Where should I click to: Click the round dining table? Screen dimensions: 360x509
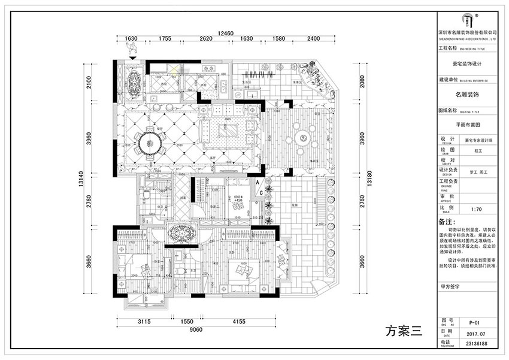coord(150,142)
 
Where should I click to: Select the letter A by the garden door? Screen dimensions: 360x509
coord(257,181)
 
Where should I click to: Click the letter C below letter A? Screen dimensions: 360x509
coord(262,192)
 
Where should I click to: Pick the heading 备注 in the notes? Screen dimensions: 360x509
coord(447,222)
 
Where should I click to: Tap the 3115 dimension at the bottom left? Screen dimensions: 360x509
coord(143,321)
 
